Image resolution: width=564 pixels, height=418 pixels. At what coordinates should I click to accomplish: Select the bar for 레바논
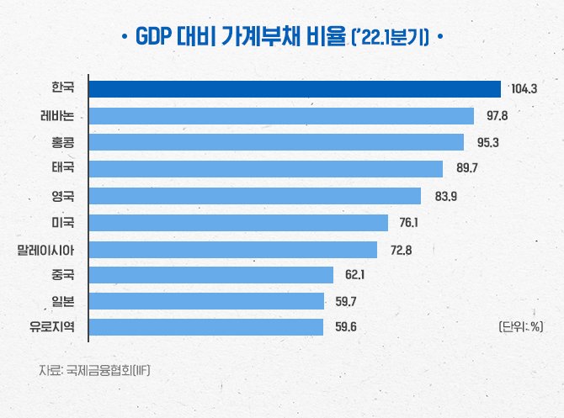point(282,115)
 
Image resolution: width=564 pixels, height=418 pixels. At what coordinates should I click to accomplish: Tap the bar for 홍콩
point(277,142)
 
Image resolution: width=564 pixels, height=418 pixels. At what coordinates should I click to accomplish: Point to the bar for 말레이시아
point(233,249)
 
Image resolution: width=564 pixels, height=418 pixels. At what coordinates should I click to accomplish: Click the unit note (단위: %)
point(519,327)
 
